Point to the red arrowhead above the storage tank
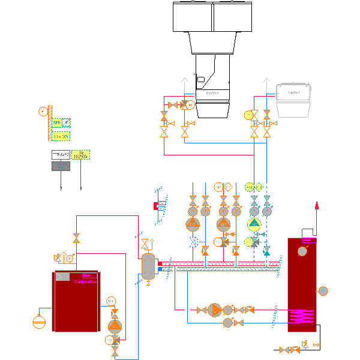tap(317, 206)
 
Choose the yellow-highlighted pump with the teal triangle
tap(254, 224)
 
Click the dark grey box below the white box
tap(60, 166)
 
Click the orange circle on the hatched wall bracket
tap(42, 111)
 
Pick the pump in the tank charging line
tap(214, 310)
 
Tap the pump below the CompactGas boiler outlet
tap(115, 326)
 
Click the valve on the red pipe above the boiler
tap(76, 238)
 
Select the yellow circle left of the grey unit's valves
tap(248, 115)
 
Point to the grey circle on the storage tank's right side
tap(323, 291)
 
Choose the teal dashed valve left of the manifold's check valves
tap(193, 242)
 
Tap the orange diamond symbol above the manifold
tap(228, 187)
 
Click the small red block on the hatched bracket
tap(155, 206)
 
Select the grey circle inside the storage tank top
tap(303, 251)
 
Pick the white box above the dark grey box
tap(60, 155)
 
